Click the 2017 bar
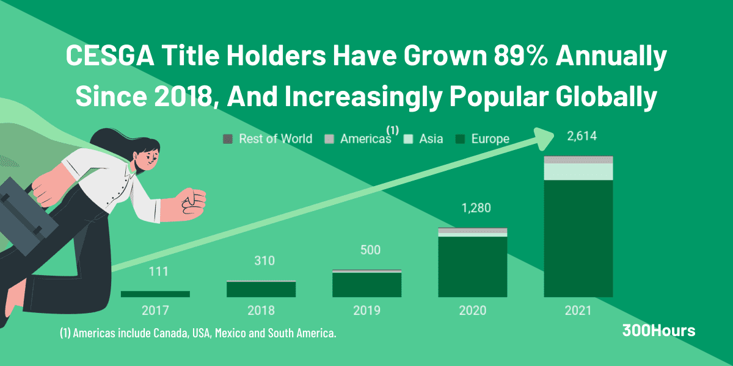tap(155, 294)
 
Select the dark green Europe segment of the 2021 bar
tap(578, 238)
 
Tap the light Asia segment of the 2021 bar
tap(578, 171)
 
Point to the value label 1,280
tap(473, 209)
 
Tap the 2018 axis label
tap(261, 310)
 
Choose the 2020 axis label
tap(473, 310)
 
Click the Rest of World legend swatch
tap(228, 139)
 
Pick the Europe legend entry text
tap(490, 139)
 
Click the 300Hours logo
tap(658, 331)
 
